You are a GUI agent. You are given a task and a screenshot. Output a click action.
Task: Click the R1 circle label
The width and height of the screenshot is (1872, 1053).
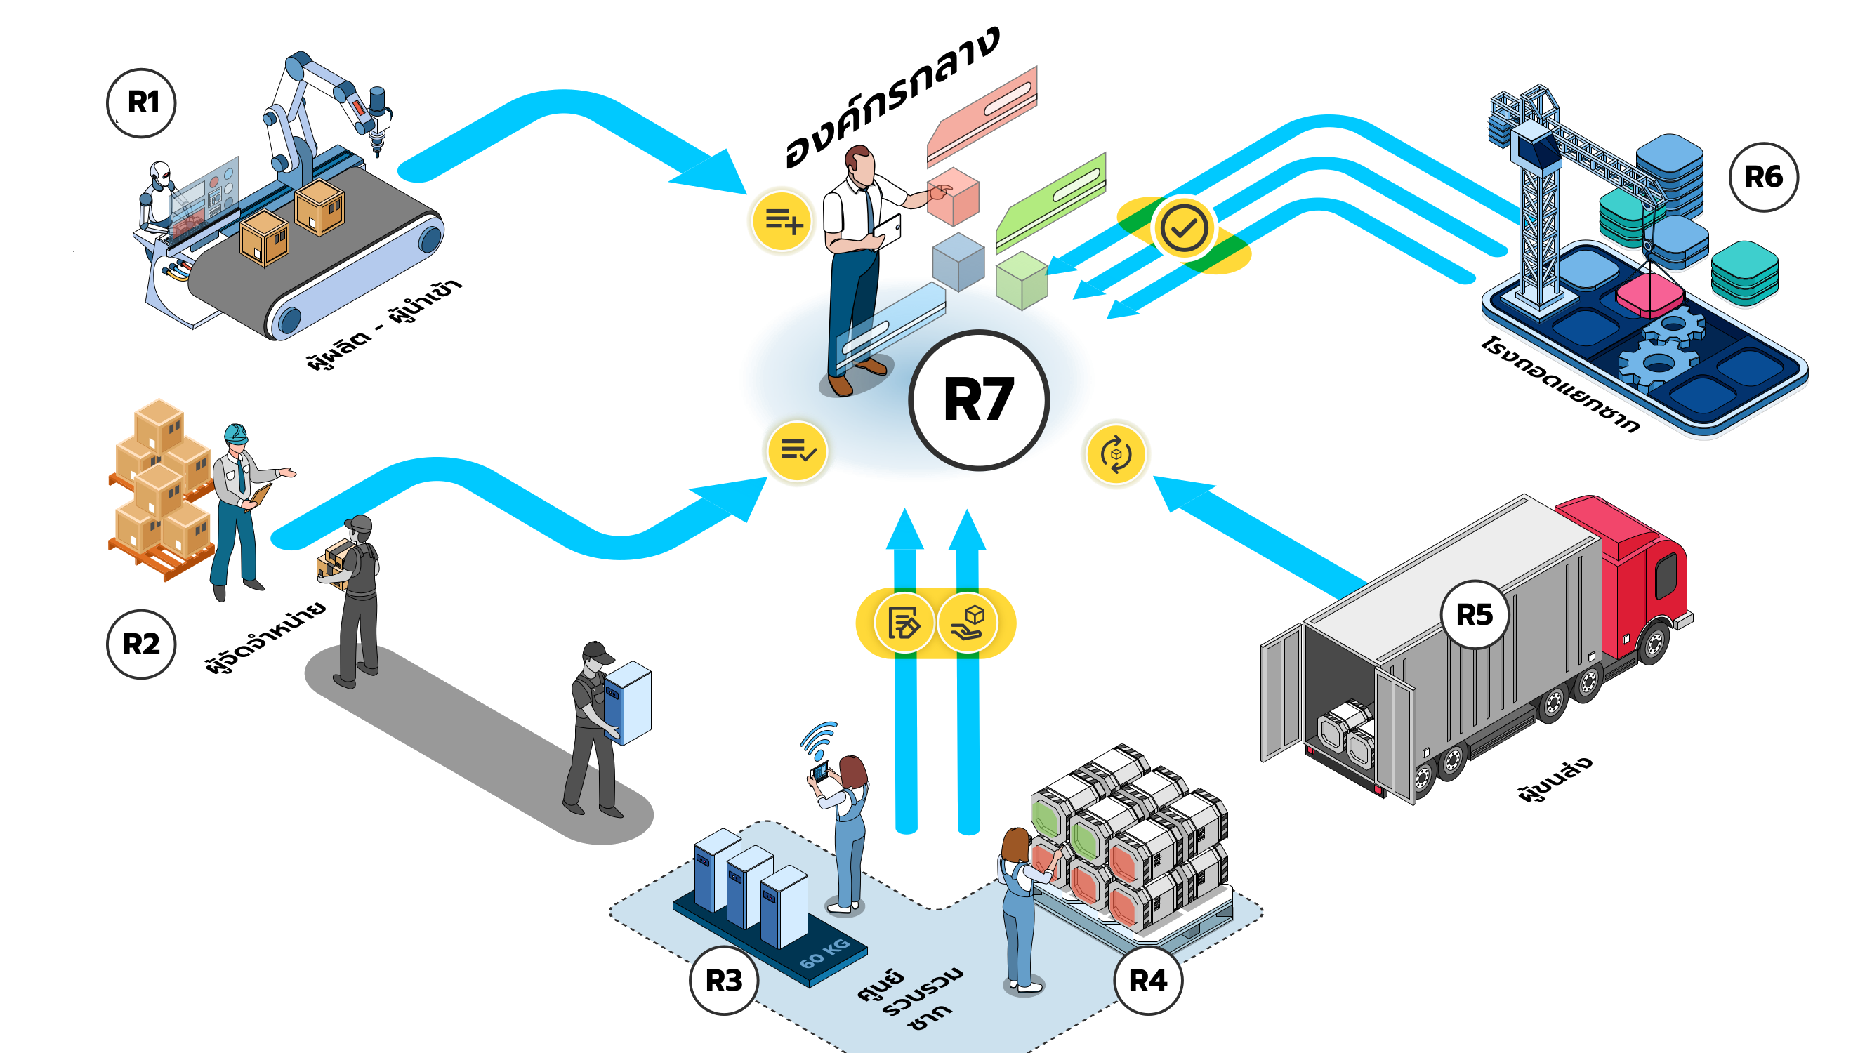[142, 102]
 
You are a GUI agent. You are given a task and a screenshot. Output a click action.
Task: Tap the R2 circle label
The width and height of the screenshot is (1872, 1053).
[141, 644]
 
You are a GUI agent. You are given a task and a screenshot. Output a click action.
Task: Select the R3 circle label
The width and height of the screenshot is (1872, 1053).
[724, 980]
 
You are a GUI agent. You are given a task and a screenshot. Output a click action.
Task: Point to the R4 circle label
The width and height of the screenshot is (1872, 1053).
[1147, 980]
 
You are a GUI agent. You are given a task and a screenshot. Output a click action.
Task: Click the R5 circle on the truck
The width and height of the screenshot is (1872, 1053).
[1474, 615]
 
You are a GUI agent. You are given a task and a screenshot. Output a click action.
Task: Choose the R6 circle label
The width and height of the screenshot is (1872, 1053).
[1763, 177]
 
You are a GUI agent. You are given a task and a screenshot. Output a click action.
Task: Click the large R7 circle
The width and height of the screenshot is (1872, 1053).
[978, 399]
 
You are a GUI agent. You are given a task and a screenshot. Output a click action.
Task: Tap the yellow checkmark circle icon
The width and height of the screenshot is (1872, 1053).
[1183, 228]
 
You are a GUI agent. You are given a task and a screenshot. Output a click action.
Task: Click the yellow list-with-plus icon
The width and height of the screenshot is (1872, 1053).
[782, 220]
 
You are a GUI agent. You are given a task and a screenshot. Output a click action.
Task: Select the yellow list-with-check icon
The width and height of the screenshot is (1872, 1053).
[797, 451]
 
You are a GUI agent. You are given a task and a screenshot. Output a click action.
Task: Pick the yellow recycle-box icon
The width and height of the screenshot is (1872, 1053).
[1116, 455]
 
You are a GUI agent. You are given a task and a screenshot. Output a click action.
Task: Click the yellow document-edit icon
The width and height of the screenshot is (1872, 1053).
[903, 623]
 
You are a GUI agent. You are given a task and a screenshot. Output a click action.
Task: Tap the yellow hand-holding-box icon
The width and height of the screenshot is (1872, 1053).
[968, 623]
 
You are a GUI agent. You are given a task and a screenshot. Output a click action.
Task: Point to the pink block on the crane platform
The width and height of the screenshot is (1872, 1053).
[1649, 294]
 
